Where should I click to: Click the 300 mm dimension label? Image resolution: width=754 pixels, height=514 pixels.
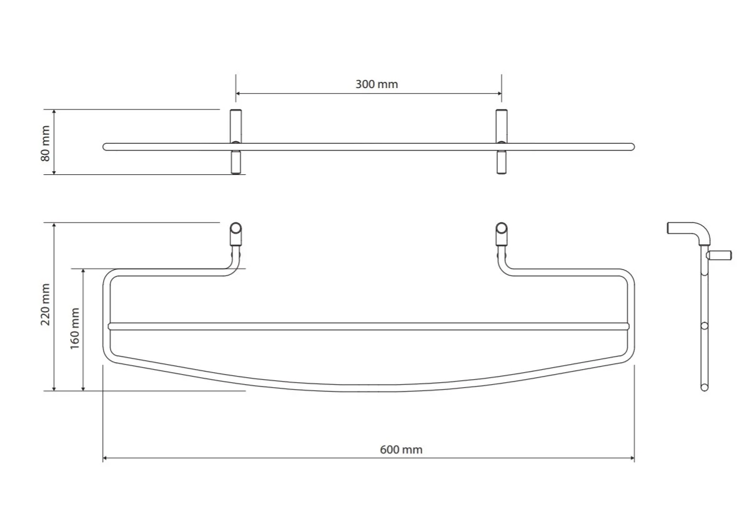point(377,84)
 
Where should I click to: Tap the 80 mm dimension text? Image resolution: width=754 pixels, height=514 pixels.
point(46,144)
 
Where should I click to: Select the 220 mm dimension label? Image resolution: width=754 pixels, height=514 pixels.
point(46,304)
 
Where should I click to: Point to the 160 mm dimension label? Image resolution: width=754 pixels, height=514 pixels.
point(75,329)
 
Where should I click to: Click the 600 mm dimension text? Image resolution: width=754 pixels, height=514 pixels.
point(401,450)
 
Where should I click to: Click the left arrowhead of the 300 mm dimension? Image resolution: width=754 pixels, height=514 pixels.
point(238,94)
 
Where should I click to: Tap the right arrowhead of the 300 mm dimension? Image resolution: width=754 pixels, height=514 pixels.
point(499,94)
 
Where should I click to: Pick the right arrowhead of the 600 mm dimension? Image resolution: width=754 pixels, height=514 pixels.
point(632,458)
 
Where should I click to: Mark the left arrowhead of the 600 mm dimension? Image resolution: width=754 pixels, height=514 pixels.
point(105,458)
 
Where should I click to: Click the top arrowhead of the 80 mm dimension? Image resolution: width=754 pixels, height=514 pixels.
point(54,112)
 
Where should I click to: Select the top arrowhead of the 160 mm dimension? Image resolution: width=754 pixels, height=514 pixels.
point(83,271)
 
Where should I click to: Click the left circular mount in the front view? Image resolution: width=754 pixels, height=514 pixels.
point(236,228)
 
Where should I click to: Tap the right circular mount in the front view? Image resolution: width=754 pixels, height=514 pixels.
point(502,228)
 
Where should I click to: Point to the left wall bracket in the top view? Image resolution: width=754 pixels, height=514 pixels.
point(236,141)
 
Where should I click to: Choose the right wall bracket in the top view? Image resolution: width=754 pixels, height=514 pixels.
point(502,141)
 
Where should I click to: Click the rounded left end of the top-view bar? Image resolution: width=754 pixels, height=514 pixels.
point(105,147)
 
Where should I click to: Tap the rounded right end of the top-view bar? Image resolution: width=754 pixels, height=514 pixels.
point(632,147)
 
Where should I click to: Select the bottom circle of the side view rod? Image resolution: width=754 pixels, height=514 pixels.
point(704,387)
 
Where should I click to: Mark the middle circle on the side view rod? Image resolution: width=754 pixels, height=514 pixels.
point(704,326)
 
